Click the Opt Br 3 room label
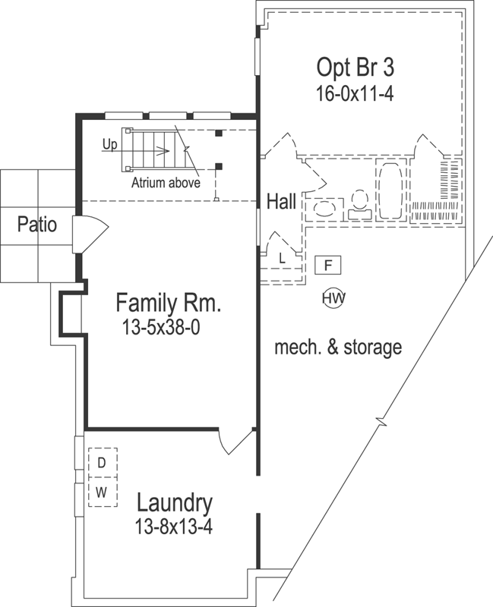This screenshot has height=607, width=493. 355,67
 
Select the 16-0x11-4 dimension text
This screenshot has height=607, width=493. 355,93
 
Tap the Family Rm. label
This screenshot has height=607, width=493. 168,303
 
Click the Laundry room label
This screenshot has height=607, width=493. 174,502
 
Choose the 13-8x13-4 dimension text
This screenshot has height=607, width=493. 174,525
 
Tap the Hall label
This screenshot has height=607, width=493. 281,202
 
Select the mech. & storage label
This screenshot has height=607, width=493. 337,348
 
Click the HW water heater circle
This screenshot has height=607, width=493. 333,298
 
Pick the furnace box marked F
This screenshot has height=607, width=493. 327,266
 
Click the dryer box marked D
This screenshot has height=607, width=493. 101,461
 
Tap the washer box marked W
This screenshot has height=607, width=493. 101,492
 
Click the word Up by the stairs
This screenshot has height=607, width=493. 110,143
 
